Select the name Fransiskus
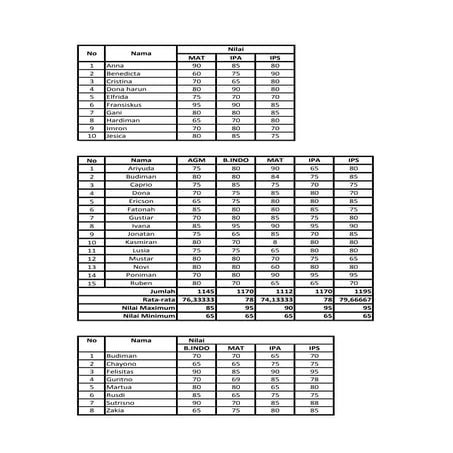pos(121,105)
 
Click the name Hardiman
pos(120,121)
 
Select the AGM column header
pos(196,160)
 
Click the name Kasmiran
pos(140,241)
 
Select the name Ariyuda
pos(140,168)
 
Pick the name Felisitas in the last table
pos(123,371)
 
